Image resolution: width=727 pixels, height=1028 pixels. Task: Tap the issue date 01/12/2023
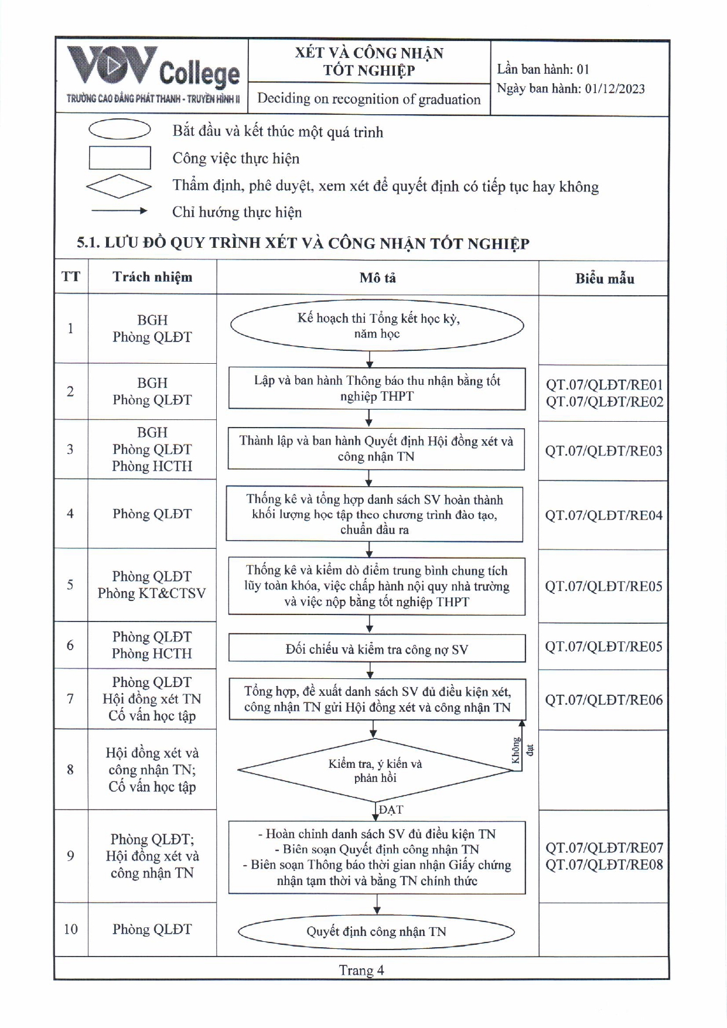[615, 89]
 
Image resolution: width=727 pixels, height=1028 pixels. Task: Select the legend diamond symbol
[119, 186]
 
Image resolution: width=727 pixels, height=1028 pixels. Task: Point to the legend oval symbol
[120, 129]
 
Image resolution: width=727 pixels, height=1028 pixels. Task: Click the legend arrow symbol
[120, 211]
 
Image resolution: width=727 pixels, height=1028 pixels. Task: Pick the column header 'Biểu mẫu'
[604, 278]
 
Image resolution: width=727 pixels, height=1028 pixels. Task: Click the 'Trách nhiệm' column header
[152, 277]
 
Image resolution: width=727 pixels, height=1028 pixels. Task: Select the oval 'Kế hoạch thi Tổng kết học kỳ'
[377, 326]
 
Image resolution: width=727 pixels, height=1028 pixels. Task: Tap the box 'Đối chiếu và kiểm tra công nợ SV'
[377, 649]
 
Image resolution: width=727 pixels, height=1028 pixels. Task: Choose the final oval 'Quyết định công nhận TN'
[376, 931]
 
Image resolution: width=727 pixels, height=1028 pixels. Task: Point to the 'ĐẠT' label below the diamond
[391, 810]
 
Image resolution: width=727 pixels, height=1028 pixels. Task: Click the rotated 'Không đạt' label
[522, 750]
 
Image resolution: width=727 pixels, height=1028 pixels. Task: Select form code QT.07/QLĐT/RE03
[603, 451]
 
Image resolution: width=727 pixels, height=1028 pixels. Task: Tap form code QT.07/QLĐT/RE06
[603, 700]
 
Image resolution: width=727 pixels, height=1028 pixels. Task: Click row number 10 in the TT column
[70, 929]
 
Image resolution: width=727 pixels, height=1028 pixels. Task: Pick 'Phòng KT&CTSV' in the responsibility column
[152, 593]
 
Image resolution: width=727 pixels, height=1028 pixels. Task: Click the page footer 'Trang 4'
[361, 970]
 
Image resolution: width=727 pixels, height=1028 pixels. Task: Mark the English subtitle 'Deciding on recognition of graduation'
[368, 99]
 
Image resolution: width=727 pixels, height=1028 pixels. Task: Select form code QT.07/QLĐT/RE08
[604, 865]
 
